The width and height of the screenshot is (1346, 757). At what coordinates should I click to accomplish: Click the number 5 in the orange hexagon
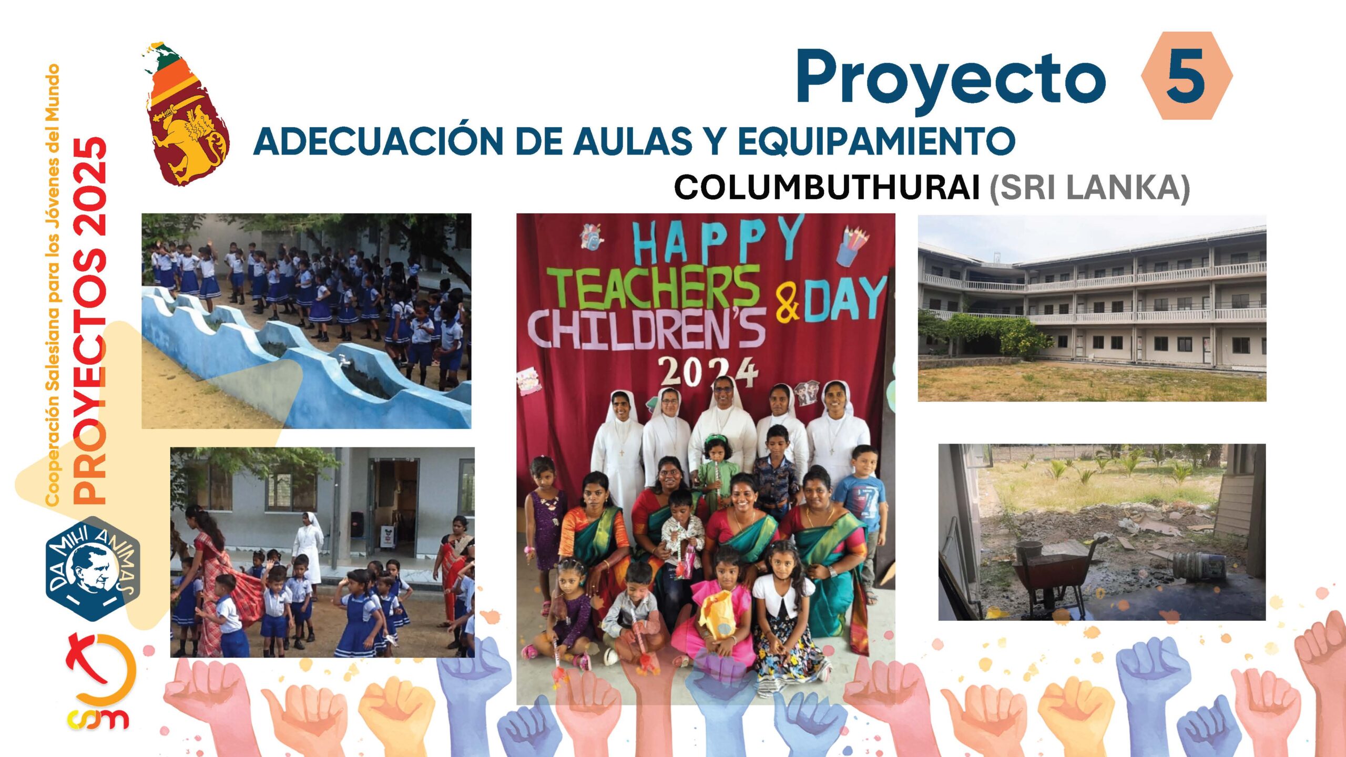[x=1186, y=77]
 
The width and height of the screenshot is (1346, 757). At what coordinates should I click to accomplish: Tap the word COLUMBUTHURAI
[x=827, y=187]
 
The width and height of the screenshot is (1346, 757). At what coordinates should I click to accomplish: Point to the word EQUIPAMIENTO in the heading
[x=876, y=141]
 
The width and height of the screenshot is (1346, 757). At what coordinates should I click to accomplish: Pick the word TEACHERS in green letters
[x=655, y=287]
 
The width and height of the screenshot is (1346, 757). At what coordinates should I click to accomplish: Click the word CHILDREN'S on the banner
[x=646, y=328]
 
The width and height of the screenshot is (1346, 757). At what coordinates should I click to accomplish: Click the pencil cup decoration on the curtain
[x=853, y=244]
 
